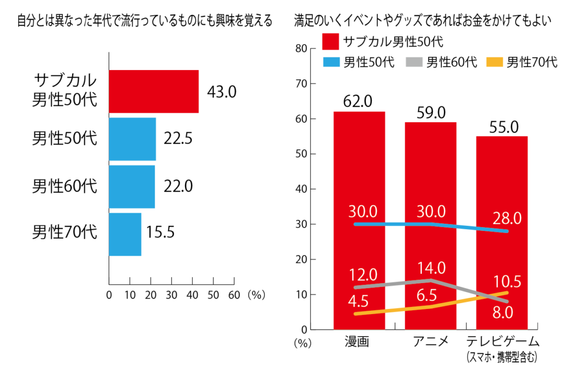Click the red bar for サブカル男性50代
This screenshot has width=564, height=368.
(154, 91)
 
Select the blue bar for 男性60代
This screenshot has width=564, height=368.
(132, 187)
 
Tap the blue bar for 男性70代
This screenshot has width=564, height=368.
(125, 234)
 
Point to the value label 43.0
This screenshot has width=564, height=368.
(221, 91)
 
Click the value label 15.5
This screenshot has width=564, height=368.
(160, 232)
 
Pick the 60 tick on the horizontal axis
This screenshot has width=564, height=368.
(234, 295)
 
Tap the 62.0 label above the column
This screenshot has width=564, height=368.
(358, 101)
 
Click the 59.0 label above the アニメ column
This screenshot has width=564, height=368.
(430, 112)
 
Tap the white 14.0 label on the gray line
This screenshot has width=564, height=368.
(430, 268)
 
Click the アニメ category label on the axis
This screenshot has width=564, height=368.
(430, 341)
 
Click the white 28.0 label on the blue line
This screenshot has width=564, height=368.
(505, 218)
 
